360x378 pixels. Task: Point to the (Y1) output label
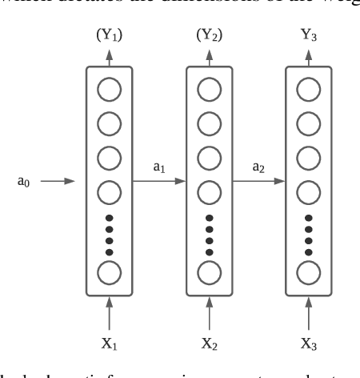(x=110, y=34)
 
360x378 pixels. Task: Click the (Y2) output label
(x=210, y=34)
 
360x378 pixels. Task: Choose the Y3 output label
(x=309, y=34)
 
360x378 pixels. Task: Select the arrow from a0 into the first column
(x=58, y=182)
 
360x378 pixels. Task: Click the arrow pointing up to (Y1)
(x=109, y=56)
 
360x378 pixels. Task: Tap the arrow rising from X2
(x=210, y=309)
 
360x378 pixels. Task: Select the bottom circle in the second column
(x=210, y=271)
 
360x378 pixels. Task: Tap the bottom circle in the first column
(x=109, y=271)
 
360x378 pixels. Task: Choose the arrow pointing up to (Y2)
(x=210, y=56)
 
